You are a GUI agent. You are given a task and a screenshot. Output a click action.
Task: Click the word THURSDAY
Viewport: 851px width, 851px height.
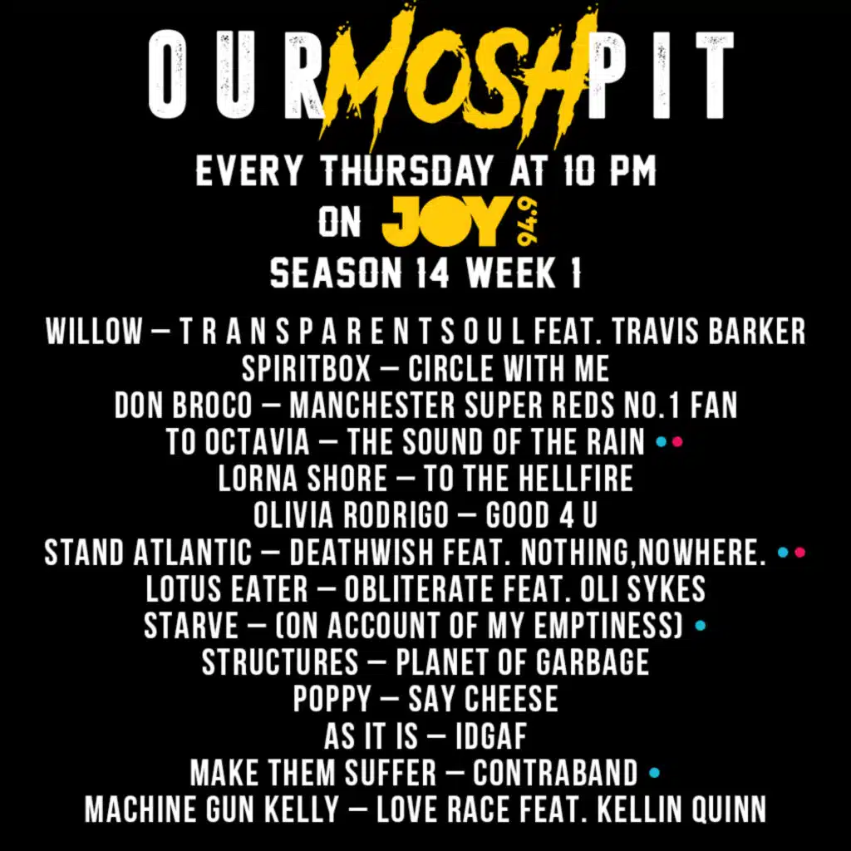[x=406, y=172]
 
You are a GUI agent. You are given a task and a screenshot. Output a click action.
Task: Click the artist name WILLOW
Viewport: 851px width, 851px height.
[x=94, y=332]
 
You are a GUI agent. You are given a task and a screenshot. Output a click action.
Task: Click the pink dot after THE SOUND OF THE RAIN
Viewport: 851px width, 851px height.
[x=677, y=442]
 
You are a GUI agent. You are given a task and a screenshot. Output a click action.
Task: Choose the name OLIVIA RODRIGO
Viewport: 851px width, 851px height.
[x=351, y=516]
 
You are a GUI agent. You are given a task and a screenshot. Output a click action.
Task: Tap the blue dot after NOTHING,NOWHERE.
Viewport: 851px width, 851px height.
[x=782, y=552]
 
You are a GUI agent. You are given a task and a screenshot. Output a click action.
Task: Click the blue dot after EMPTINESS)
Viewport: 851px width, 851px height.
[x=700, y=626]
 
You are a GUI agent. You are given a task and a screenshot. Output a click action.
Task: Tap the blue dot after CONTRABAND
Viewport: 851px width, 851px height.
[x=654, y=773]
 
